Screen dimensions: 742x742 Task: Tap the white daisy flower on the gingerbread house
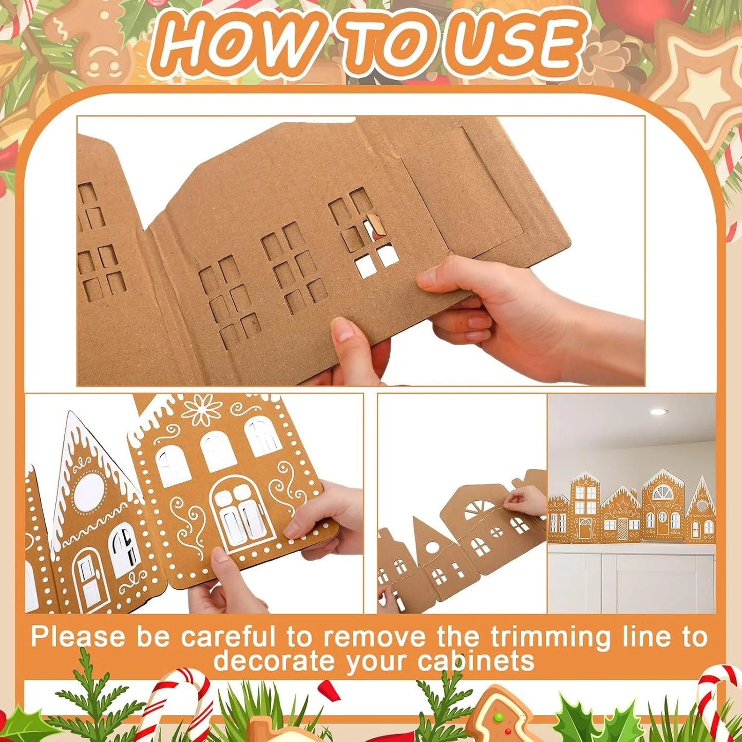[201, 409]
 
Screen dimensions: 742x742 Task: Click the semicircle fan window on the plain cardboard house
[479, 510]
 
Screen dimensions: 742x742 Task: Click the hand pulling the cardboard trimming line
[526, 500]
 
